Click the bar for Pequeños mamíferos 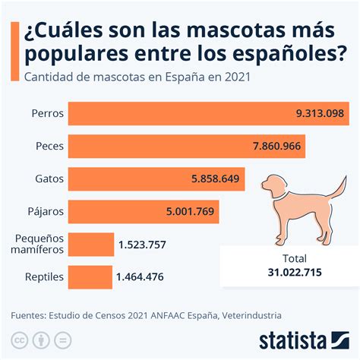pyautogui.click(x=90, y=244)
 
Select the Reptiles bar pyautogui.click(x=90, y=276)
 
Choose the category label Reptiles pyautogui.click(x=43, y=276)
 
